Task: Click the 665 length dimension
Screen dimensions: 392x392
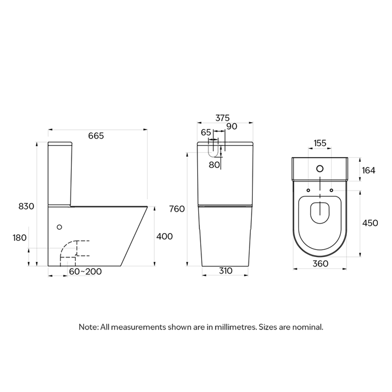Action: click(x=96, y=136)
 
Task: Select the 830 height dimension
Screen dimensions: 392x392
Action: click(x=26, y=206)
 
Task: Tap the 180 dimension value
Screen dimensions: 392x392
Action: click(x=20, y=238)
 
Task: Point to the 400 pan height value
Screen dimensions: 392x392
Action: click(x=164, y=236)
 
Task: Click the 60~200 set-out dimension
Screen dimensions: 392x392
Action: click(x=85, y=271)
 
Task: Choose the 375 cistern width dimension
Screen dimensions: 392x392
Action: click(x=222, y=118)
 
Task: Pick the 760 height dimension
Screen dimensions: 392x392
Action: click(x=177, y=209)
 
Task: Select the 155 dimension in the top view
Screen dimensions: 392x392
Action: click(x=320, y=143)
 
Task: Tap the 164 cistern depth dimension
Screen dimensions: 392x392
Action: click(x=368, y=170)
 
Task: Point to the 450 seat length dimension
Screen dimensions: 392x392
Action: click(x=370, y=223)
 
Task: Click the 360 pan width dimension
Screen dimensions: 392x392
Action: click(x=320, y=264)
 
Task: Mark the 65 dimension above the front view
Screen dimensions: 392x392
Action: click(x=206, y=132)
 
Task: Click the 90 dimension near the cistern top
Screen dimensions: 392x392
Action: click(x=231, y=126)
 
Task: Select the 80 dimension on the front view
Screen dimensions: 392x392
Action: click(x=214, y=164)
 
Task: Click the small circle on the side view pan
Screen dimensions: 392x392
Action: click(x=60, y=227)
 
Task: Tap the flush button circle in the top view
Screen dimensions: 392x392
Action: click(x=320, y=168)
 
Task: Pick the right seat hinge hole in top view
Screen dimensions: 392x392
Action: click(x=331, y=190)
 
